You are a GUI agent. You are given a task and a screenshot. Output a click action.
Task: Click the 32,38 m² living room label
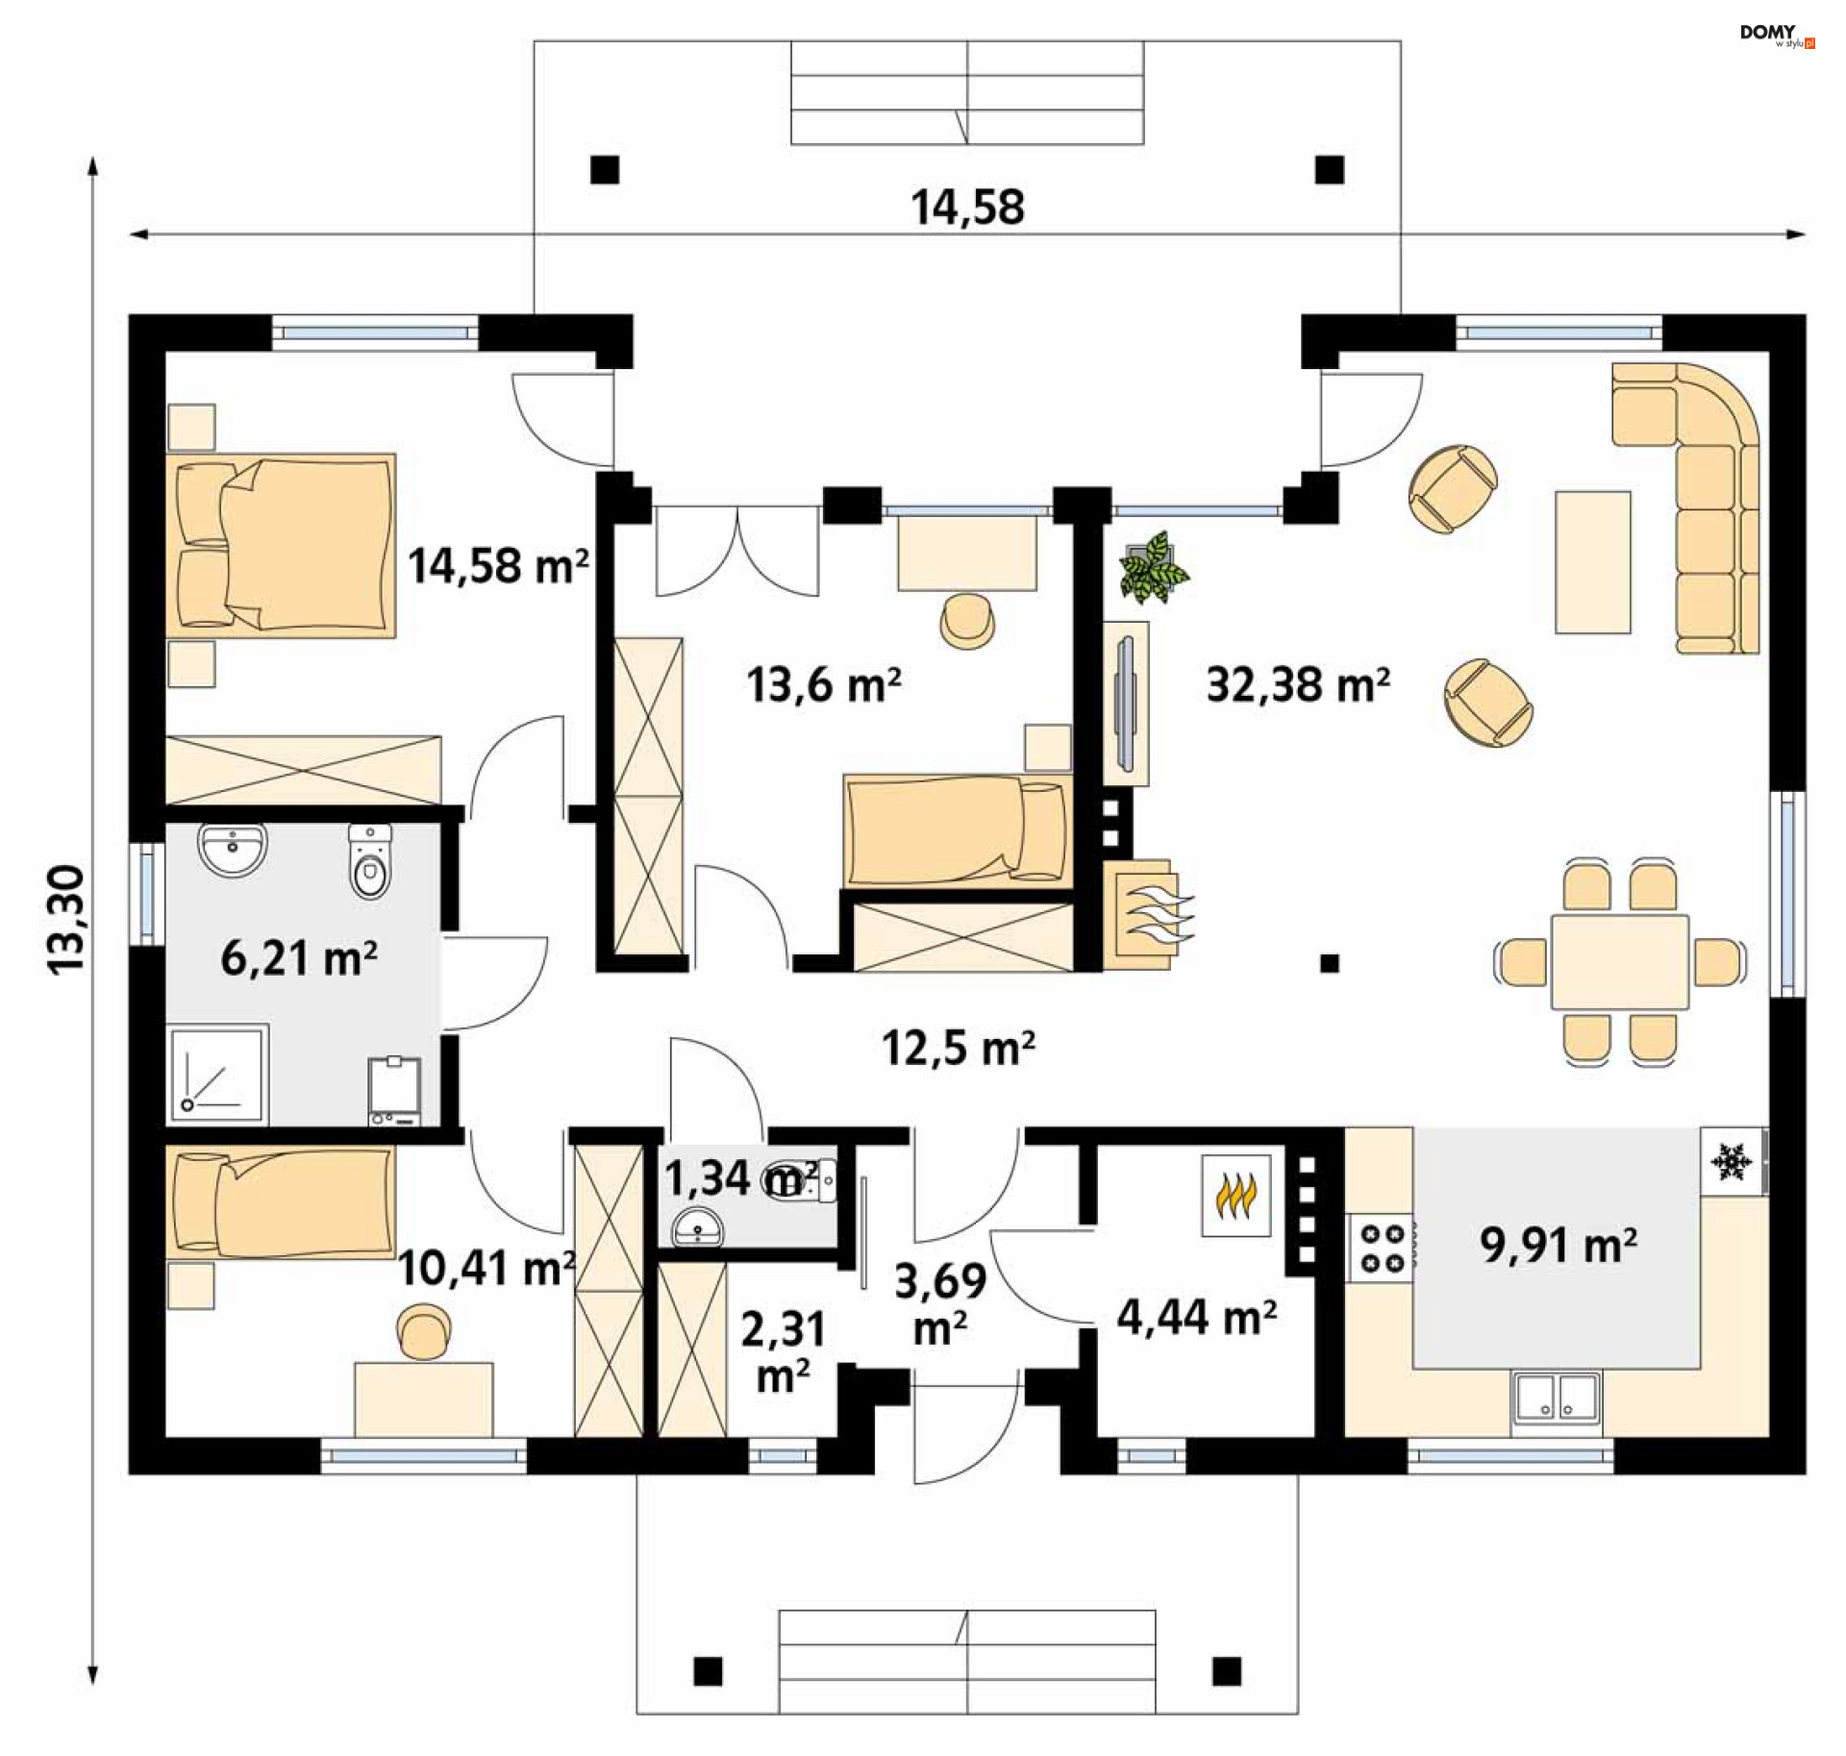point(1298,685)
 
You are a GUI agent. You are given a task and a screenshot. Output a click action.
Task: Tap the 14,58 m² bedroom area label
point(499,566)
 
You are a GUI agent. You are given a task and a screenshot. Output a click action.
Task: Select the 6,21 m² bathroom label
point(299,958)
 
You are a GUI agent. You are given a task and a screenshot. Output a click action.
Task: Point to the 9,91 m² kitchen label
point(1559,1245)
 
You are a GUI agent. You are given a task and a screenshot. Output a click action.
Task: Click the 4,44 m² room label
point(1197,1317)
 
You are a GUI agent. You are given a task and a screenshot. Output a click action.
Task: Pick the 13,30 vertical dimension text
point(67,920)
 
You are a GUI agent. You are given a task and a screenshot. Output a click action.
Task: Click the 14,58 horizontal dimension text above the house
point(967,208)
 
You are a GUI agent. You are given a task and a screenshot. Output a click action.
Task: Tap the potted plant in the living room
point(1154,568)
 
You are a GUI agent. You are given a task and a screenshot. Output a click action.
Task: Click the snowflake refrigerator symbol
point(1733,1161)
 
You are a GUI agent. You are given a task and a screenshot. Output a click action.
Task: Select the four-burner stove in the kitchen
point(1382,1248)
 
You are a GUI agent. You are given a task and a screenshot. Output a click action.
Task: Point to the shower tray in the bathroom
point(217,1075)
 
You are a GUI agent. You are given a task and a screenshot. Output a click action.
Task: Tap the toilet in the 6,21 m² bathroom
point(370,861)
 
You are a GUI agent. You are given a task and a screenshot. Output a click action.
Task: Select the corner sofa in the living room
point(1686,507)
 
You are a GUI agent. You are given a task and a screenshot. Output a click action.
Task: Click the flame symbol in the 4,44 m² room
point(1236,1195)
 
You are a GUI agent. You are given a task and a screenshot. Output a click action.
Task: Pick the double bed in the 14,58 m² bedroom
point(281,546)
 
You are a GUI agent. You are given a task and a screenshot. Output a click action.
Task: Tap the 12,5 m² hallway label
point(959,1048)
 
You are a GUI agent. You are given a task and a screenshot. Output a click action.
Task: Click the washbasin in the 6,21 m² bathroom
point(232,850)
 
